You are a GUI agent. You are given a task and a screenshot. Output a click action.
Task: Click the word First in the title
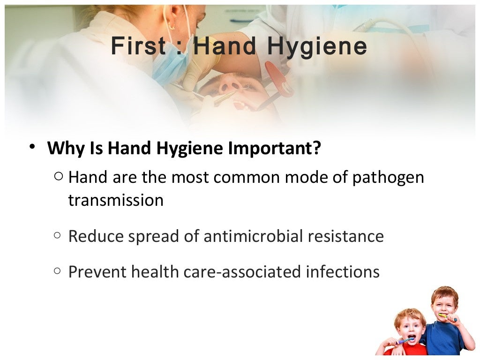[x=138, y=46]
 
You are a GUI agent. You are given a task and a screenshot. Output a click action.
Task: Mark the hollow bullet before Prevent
[x=58, y=271]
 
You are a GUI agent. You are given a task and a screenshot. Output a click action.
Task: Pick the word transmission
[x=116, y=201]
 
